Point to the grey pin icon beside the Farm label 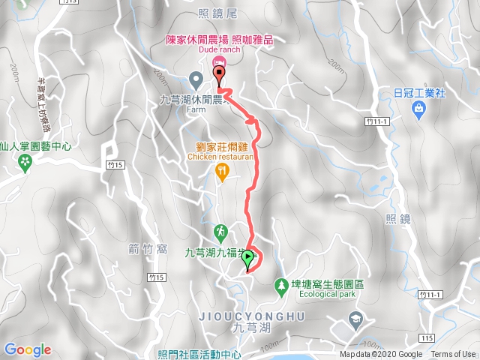click(x=196, y=78)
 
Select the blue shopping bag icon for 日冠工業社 click(x=418, y=109)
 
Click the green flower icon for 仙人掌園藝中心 click(x=26, y=161)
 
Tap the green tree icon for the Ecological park click(x=281, y=286)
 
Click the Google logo click(x=28, y=349)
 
